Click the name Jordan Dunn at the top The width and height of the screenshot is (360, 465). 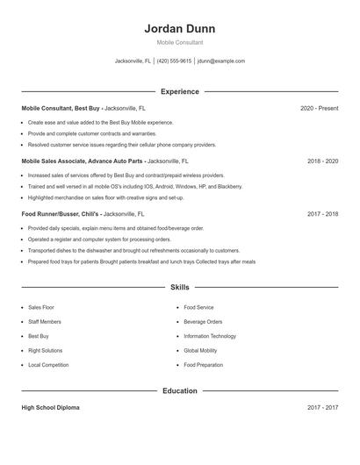179,29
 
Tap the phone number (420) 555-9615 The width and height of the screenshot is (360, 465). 174,61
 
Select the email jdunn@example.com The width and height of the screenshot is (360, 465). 221,61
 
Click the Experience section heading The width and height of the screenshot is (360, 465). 179,91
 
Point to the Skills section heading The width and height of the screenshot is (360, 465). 179,287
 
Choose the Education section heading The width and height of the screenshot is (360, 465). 179,390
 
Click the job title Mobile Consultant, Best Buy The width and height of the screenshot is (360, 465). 60,108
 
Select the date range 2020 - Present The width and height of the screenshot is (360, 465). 319,108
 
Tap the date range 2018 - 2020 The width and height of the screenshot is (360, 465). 322,161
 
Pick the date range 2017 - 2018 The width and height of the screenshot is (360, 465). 322,213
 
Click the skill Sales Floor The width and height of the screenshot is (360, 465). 41,308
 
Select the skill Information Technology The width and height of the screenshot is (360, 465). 210,336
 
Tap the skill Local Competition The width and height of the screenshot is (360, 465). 47,364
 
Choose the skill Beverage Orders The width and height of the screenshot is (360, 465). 203,322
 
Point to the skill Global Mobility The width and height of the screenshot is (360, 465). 200,350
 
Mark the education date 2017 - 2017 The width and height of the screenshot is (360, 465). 322,408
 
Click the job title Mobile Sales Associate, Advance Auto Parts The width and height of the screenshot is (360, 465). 83,161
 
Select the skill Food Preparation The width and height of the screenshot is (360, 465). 204,364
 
